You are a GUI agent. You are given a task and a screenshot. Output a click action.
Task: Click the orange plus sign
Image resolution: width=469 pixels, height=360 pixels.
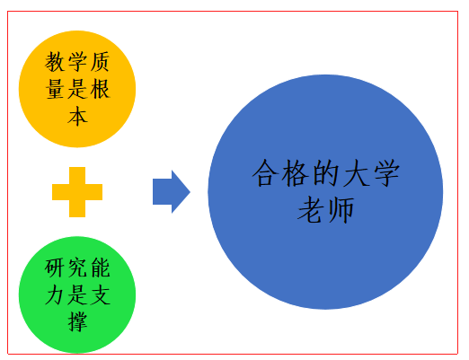(x=77, y=192)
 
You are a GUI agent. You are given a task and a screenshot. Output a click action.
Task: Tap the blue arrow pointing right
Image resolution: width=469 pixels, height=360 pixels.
(x=172, y=192)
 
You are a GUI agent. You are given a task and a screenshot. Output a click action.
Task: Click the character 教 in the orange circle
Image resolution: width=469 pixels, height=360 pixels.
(x=55, y=62)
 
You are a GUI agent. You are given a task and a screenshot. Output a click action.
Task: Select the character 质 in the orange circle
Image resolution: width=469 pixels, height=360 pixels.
(x=100, y=62)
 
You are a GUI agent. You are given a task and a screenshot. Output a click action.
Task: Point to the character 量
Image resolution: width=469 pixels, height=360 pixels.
(x=55, y=89)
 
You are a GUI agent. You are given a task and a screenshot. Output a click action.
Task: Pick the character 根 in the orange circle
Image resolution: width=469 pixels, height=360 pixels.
(x=100, y=89)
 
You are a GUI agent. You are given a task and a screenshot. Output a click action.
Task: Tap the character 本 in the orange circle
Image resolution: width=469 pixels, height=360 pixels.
(x=77, y=116)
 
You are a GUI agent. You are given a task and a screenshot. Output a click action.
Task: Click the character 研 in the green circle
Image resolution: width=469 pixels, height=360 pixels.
(x=55, y=268)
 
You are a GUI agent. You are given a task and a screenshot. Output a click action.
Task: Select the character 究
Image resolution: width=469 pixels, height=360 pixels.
(x=77, y=268)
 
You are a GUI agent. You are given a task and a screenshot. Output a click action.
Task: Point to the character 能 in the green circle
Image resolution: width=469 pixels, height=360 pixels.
(x=100, y=268)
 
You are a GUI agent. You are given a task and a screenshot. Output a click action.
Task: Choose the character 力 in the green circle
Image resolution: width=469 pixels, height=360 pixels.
(x=55, y=294)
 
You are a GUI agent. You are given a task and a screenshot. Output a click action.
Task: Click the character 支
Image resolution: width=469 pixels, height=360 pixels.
(x=100, y=294)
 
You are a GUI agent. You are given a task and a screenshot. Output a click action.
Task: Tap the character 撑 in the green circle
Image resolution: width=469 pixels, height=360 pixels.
(x=77, y=321)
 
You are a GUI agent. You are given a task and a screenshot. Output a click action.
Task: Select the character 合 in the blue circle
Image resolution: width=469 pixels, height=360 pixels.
(x=265, y=173)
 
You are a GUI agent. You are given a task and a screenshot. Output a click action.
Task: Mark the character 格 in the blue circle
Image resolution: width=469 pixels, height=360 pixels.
(x=296, y=173)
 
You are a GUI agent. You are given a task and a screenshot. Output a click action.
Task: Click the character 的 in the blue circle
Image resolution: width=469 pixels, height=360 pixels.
(x=325, y=173)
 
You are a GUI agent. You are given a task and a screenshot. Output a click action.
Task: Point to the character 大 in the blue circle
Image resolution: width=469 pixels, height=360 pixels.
(x=356, y=173)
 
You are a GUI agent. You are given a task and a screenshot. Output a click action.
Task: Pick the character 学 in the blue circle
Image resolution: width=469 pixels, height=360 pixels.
(x=386, y=173)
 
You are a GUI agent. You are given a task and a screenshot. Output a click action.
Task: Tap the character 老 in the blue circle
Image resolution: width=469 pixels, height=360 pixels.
(x=311, y=210)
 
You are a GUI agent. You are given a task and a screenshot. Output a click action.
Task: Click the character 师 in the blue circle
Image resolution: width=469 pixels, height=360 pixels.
(x=341, y=210)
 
